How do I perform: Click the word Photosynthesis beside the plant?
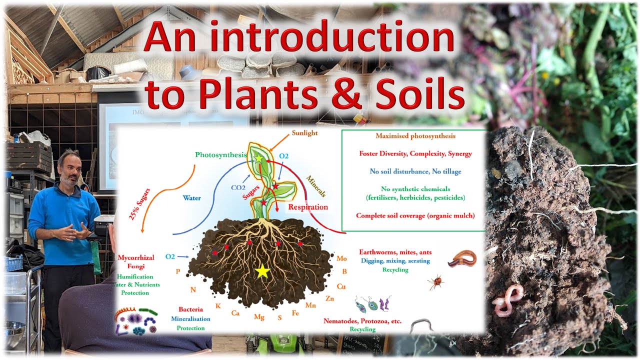221,154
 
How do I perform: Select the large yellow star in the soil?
262,271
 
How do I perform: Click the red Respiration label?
308,206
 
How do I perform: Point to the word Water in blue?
191,197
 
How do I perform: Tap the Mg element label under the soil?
259,317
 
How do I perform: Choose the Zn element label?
329,298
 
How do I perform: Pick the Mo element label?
341,258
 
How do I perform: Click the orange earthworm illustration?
461,258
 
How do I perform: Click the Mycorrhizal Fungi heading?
135,262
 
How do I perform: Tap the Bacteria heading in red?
190,309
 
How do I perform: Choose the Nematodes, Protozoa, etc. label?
362,321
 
